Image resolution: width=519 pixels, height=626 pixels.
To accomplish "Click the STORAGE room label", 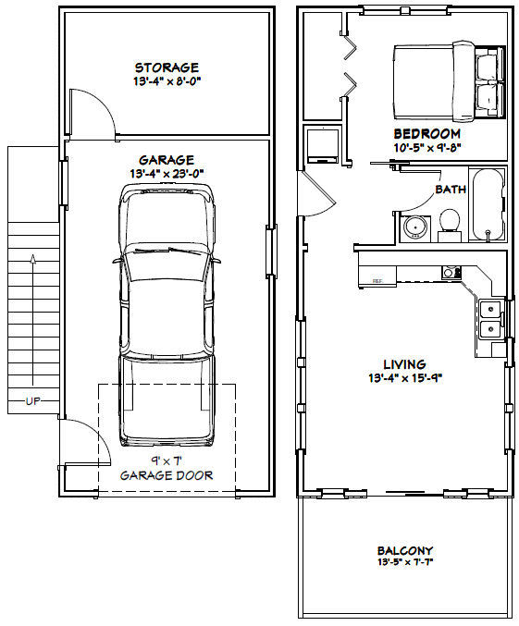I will (167, 68).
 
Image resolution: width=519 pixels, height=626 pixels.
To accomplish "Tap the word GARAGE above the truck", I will (167, 159).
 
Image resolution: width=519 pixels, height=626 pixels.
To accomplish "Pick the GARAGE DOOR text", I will (167, 475).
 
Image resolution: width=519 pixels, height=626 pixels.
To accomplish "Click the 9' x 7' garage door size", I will (167, 461).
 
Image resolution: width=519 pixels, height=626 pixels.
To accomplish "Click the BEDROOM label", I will (426, 133).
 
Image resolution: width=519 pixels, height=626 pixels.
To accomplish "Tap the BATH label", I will (451, 190).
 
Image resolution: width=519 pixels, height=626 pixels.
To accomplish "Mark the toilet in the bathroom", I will (450, 223).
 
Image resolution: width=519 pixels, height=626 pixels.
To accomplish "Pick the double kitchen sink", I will (489, 317).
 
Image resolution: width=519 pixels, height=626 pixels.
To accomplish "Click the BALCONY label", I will (406, 550).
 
